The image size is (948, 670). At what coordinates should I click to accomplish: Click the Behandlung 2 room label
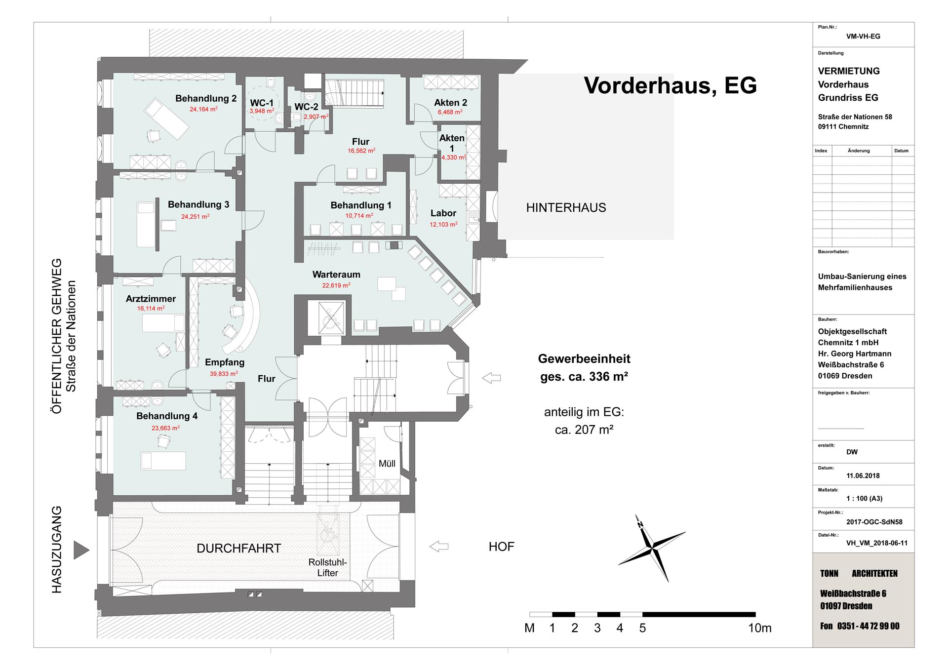click(x=206, y=99)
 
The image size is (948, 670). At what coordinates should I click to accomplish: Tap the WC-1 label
click(x=262, y=103)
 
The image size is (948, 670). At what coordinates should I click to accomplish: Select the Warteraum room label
click(x=336, y=275)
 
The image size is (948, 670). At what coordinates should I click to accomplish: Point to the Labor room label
click(x=443, y=213)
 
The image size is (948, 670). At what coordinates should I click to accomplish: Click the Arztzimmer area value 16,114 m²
click(x=151, y=309)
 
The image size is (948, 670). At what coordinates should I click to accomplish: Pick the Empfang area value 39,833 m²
click(x=224, y=374)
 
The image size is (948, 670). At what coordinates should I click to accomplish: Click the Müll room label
click(x=387, y=464)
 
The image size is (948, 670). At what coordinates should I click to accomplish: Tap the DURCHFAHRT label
click(x=238, y=549)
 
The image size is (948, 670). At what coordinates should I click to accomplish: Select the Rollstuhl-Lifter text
click(x=327, y=568)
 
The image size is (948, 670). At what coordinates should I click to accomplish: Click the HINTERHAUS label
click(x=566, y=208)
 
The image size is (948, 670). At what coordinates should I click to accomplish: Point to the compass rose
click(x=653, y=548)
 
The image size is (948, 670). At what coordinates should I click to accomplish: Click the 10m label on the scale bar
click(x=759, y=628)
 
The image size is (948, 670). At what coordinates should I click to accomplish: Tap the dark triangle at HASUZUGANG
click(x=81, y=550)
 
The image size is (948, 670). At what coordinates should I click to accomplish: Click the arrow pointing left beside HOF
click(x=439, y=547)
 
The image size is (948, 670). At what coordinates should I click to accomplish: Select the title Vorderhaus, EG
click(x=670, y=85)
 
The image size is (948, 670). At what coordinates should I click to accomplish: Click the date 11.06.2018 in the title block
click(x=863, y=476)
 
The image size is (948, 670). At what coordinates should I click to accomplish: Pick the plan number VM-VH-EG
click(x=863, y=37)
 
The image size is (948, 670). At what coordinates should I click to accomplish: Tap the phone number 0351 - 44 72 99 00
click(x=868, y=626)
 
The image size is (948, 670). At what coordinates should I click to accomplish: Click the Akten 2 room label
click(x=450, y=103)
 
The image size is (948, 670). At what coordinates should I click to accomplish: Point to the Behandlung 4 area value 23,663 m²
click(x=165, y=428)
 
